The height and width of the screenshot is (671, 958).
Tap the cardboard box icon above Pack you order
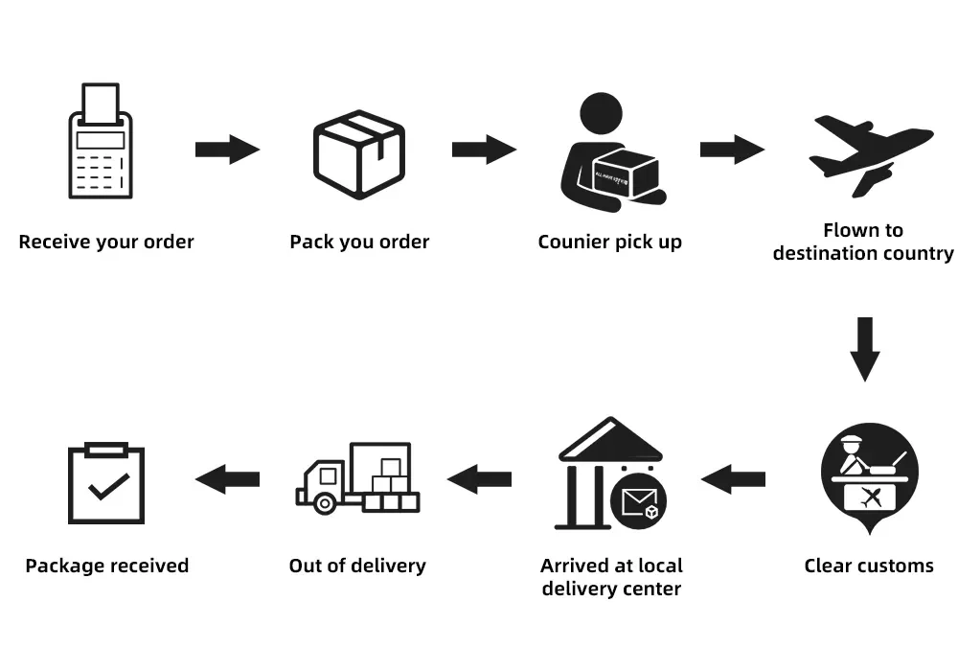tap(359, 153)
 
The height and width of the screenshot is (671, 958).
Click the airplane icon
tap(868, 153)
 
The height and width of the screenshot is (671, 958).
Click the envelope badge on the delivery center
tap(639, 501)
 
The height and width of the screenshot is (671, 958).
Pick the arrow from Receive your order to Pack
tap(227, 150)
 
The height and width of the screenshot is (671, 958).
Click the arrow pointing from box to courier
tap(484, 150)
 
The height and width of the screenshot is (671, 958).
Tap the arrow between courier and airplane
tap(732, 150)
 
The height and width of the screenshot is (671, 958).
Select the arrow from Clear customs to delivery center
tap(734, 478)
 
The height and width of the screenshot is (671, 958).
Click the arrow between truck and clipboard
tap(227, 478)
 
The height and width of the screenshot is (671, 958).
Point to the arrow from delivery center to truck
tap(480, 478)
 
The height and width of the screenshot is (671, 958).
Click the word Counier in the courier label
tap(573, 242)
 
